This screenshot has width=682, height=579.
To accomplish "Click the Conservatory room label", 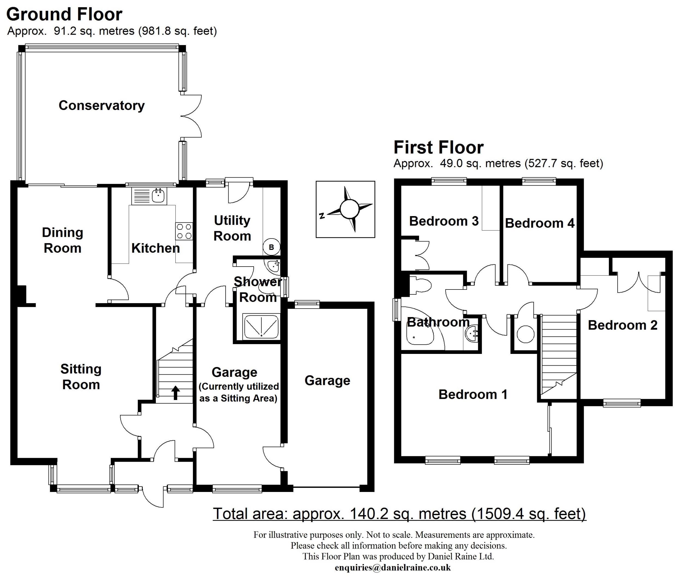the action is coord(101,105).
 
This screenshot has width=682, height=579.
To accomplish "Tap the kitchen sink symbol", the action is coord(158,196).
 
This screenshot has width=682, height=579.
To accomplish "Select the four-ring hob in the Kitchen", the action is coord(184,231).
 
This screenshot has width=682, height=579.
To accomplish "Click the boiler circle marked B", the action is coord(271,247).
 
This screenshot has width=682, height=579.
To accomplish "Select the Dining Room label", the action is coord(62,240).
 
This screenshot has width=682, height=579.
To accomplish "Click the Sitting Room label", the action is coord(81,377).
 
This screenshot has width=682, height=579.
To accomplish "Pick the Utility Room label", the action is coord(232,228).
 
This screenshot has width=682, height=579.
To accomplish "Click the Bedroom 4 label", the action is coord(540,223).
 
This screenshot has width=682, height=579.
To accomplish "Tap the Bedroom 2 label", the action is coord(622,325).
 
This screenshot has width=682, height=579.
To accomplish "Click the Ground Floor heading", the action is coord(64,14).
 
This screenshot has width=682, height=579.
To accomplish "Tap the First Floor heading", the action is coord(438,147).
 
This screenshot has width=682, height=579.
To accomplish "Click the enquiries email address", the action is coord(393,568).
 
